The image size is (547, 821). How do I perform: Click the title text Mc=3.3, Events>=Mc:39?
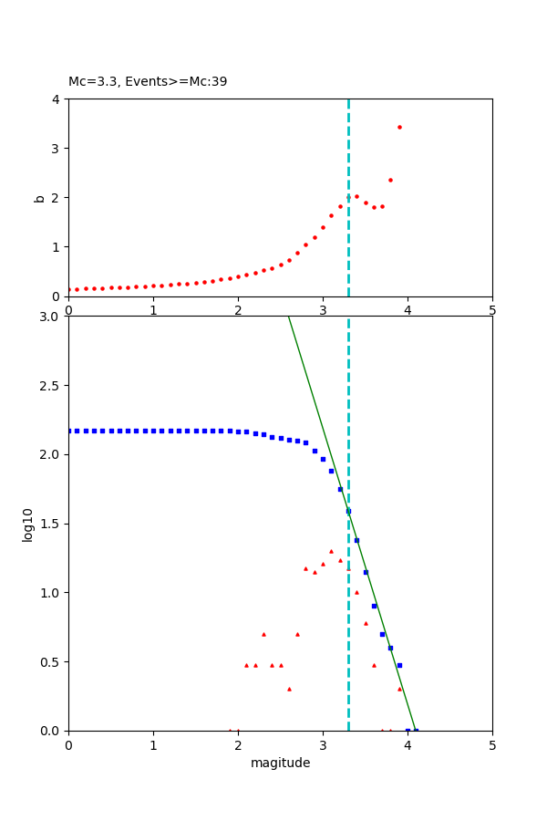[148, 81]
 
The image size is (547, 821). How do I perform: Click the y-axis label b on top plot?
[39, 197]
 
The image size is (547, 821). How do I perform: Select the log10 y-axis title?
[28, 525]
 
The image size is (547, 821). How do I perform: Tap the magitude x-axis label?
[280, 763]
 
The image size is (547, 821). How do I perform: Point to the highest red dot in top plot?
[399, 127]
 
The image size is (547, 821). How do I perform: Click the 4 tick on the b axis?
[57, 99]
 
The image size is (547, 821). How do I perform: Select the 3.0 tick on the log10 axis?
[50, 317]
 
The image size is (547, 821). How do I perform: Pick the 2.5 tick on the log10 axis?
[50, 386]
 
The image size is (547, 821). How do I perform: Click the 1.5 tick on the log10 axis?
[50, 524]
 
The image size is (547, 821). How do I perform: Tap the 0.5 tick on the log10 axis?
[50, 661]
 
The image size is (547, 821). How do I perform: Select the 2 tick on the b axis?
[57, 197]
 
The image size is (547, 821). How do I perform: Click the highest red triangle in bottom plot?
[331, 551]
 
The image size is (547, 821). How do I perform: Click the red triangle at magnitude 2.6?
[289, 689]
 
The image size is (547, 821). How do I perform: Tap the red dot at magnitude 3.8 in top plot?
[390, 180]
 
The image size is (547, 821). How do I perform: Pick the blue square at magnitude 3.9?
[399, 665]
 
